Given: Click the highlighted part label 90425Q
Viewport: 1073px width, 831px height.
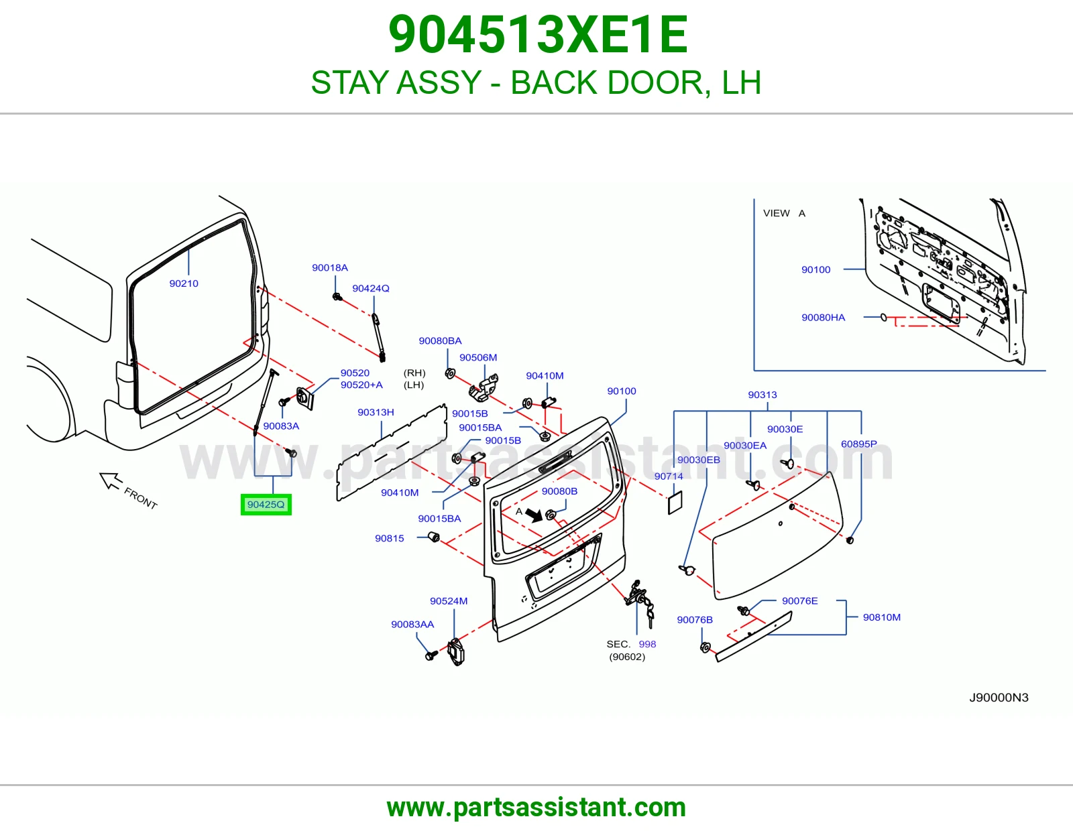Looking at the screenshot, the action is (266, 505).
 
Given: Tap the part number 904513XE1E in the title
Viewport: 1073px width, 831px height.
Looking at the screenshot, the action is (538, 35).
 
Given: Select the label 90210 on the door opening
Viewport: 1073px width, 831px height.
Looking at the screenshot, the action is (184, 283).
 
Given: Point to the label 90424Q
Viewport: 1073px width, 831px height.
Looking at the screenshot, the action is (370, 288).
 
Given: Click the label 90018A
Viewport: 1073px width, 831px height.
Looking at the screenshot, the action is (330, 267).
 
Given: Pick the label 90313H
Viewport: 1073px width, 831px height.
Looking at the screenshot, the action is (376, 412).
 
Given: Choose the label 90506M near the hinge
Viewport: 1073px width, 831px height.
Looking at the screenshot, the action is (478, 357).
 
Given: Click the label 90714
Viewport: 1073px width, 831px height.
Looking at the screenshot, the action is (669, 476).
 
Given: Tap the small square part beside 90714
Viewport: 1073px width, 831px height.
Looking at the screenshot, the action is (675, 503).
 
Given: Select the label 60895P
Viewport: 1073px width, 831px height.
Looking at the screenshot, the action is (858, 444).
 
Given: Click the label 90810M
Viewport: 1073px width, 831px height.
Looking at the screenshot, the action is (881, 617).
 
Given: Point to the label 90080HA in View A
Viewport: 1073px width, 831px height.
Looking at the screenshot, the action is (823, 317).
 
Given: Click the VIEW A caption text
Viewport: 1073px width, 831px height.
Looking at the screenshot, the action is (784, 213).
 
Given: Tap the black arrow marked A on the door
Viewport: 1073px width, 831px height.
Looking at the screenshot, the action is (533, 515).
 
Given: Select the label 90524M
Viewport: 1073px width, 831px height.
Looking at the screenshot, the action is (449, 601).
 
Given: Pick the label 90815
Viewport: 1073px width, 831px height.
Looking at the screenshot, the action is (389, 538).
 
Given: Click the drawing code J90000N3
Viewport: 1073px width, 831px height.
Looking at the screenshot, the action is (999, 697).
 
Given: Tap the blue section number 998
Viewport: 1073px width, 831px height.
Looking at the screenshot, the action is (647, 644).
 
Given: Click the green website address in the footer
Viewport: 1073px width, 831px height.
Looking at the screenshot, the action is (536, 808).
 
